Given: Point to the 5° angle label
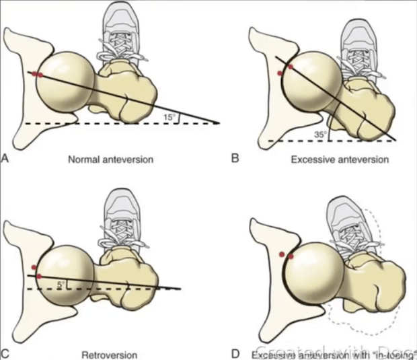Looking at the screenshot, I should click(61, 285).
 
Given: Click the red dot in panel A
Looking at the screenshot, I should click(38, 75).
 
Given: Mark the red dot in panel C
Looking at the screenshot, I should click(40, 276).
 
